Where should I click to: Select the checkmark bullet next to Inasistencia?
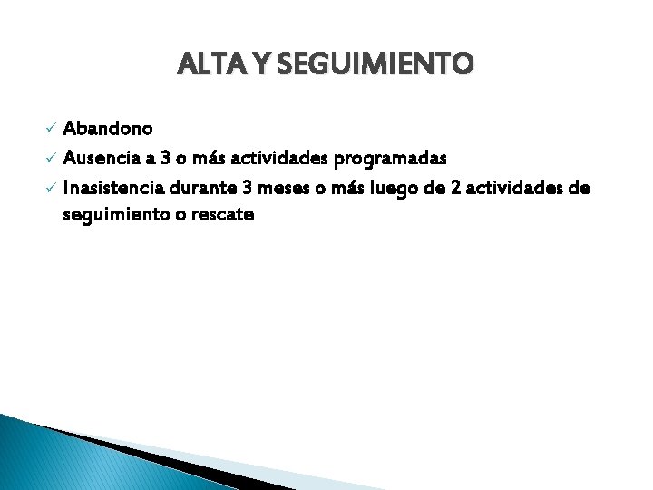(x=51, y=188)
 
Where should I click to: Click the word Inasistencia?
(x=113, y=188)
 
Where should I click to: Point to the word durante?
(x=204, y=188)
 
